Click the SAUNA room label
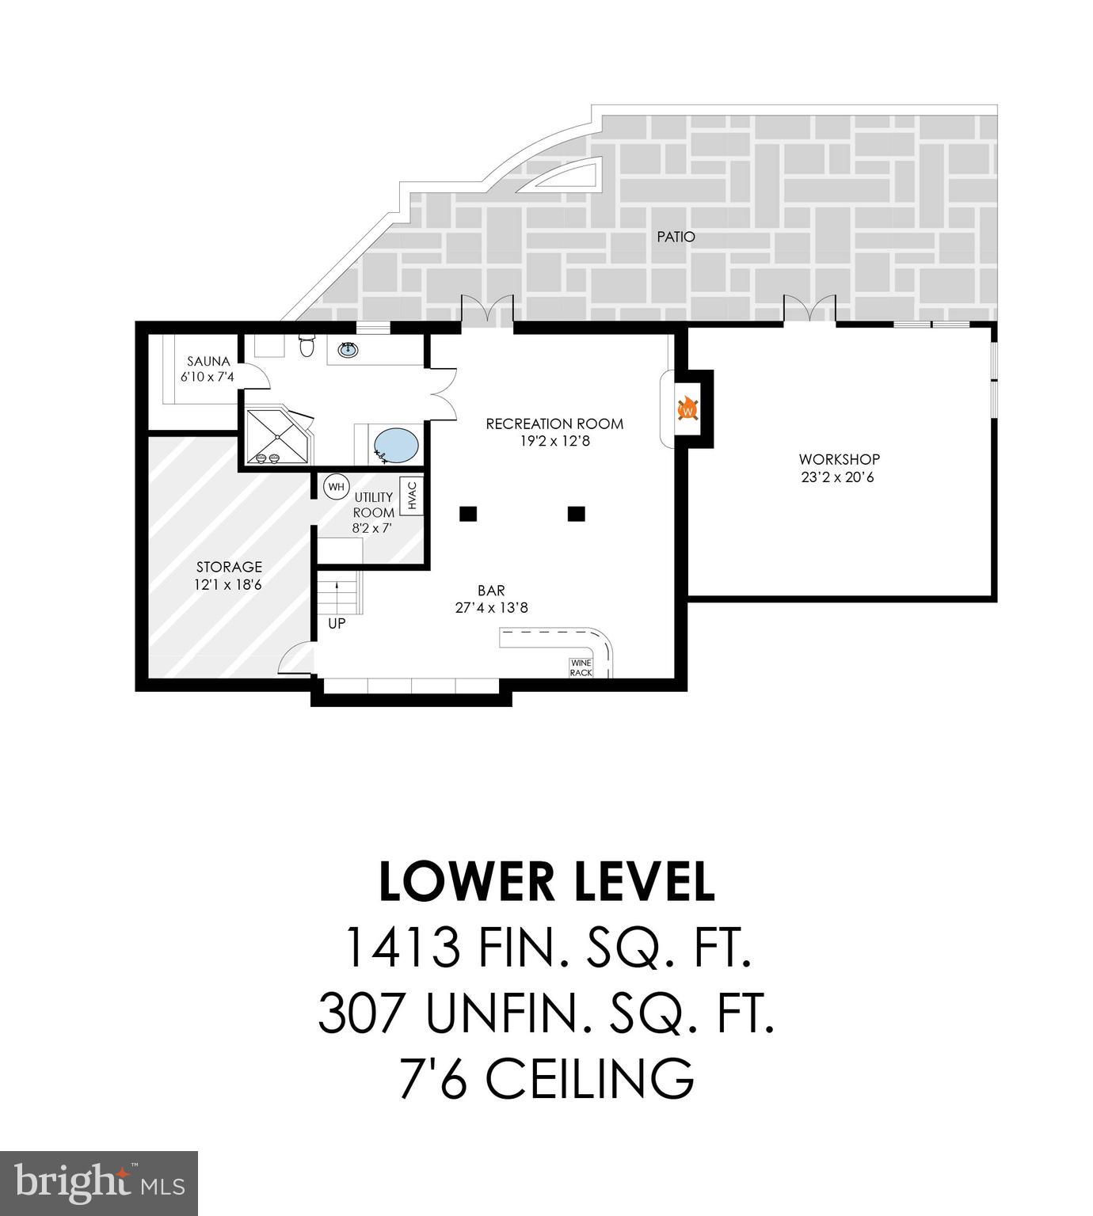[208, 362]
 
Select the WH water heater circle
[337, 487]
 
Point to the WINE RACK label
[581, 667]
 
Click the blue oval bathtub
[395, 446]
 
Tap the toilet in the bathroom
[307, 346]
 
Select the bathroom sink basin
[348, 349]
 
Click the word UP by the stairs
[337, 624]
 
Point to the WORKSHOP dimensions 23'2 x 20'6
[837, 477]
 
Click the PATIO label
[676, 236]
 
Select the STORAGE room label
[229, 567]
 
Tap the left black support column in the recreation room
[468, 514]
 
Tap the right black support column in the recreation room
[576, 514]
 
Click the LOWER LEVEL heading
[546, 882]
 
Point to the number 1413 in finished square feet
[402, 948]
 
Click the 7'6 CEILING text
[546, 1077]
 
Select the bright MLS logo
[99, 1183]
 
